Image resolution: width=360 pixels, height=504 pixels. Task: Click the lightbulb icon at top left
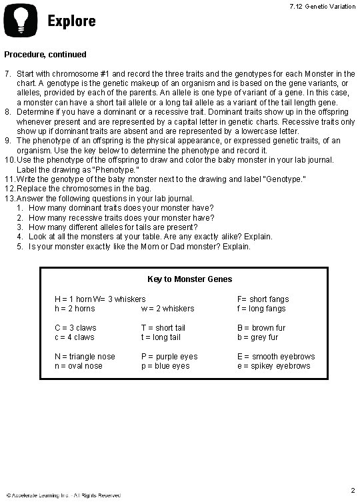21,21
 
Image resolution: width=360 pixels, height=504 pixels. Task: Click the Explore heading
71,21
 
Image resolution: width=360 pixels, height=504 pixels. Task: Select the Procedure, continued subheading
46,54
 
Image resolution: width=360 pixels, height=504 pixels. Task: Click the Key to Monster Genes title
180,279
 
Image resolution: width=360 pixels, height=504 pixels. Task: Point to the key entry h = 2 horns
77,309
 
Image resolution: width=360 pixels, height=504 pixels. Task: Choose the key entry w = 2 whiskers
167,309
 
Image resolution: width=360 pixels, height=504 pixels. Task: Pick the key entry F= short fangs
263,299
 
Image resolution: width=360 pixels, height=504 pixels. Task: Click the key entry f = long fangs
261,309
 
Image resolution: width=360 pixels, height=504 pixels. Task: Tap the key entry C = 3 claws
75,328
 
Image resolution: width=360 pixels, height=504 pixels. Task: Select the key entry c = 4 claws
75,337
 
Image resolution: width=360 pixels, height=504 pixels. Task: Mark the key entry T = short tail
163,328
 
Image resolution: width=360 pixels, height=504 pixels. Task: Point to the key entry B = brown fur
261,328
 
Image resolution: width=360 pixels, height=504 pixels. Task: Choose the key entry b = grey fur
258,337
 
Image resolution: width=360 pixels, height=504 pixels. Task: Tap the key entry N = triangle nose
85,357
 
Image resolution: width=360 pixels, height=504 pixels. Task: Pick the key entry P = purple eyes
169,357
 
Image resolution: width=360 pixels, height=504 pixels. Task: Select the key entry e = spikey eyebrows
274,366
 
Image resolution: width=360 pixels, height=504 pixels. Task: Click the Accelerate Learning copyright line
63,495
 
